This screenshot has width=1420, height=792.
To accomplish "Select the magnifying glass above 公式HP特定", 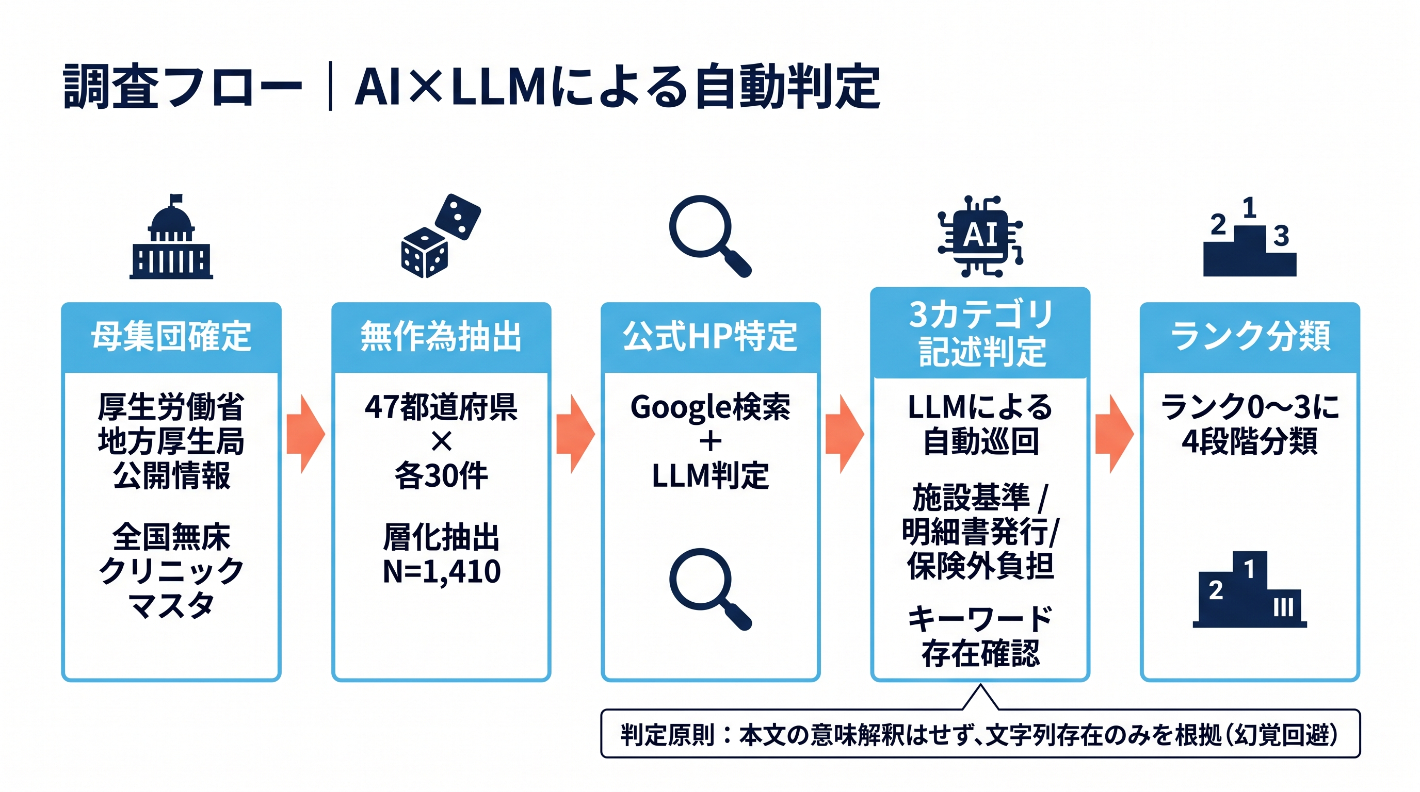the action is (709, 236).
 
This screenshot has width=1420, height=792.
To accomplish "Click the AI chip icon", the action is (980, 236).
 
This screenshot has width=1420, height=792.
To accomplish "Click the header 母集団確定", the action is (171, 336).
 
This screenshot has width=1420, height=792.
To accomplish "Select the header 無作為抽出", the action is (441, 336).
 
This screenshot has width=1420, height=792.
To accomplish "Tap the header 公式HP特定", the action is (710, 336).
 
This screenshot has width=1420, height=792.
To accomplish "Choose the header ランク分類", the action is (1250, 336).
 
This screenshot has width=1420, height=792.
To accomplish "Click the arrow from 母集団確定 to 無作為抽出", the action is (306, 434).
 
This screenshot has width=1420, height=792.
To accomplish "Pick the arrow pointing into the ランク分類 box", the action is (1114, 434).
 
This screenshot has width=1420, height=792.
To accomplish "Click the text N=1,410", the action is (441, 571).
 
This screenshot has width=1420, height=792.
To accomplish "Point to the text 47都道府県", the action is (441, 407).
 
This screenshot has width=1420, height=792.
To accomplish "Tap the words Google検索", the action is (710, 407).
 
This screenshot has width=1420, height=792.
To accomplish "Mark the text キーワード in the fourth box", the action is (980, 619).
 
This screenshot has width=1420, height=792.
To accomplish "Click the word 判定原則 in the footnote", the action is (668, 735).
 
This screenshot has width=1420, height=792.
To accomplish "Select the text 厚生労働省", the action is (171, 407).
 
